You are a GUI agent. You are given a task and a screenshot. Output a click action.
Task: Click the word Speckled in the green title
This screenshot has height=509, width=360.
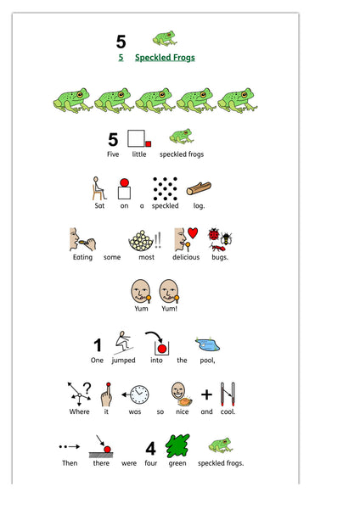(x=150, y=58)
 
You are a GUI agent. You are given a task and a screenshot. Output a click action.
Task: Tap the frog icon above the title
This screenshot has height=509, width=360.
(x=165, y=38)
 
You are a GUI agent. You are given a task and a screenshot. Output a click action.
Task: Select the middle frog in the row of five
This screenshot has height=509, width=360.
(x=155, y=100)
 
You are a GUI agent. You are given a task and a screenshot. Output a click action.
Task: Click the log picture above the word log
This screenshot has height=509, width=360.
(x=199, y=188)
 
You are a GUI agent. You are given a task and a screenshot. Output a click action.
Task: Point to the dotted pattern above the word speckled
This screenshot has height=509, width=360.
(x=165, y=189)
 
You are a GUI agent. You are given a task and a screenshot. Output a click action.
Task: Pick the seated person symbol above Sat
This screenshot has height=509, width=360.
(x=98, y=188)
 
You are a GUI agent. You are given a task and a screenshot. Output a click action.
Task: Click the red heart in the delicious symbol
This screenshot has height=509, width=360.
(x=193, y=232)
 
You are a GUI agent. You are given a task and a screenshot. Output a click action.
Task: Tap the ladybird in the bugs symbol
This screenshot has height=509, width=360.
(x=214, y=234)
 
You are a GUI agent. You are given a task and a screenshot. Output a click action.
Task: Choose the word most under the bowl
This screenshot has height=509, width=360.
(x=147, y=257)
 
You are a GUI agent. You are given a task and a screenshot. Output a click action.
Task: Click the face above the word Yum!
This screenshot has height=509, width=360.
(x=169, y=291)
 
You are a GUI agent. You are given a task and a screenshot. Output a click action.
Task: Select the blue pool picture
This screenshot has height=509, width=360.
(x=208, y=344)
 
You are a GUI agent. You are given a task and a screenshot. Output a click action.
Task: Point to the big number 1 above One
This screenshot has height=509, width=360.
(x=98, y=345)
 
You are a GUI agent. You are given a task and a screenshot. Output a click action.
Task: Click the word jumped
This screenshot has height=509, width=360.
(x=123, y=361)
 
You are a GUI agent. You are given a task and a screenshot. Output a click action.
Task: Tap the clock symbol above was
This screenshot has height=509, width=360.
(x=139, y=394)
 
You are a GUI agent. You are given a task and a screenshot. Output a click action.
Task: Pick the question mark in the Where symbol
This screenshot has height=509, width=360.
(x=87, y=388)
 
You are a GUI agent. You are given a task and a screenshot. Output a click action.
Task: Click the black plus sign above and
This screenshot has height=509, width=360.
(x=206, y=394)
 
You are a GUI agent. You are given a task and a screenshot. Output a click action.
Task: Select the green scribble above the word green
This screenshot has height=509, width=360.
(x=177, y=446)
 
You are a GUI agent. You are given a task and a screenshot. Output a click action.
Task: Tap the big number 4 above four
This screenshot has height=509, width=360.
(x=151, y=449)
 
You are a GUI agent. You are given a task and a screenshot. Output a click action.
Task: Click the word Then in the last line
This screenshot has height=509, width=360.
(x=70, y=463)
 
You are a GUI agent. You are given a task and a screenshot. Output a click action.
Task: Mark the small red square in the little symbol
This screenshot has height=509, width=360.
(x=148, y=144)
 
